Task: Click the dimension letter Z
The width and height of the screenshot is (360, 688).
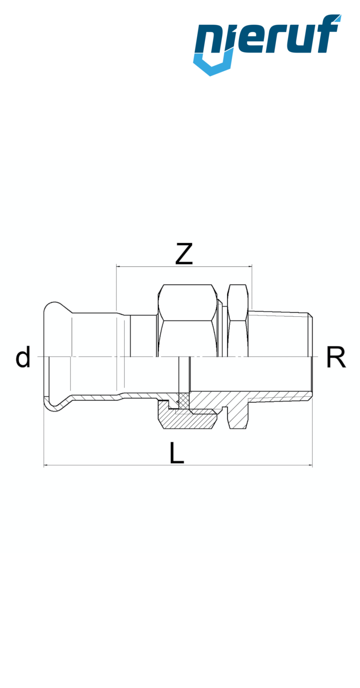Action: click(x=184, y=254)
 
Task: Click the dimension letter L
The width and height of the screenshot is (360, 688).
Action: click(x=176, y=453)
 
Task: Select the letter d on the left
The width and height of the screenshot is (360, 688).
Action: click(x=23, y=357)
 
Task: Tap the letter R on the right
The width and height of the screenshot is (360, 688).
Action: click(x=336, y=357)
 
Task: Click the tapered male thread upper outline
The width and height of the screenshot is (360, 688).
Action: click(x=280, y=313)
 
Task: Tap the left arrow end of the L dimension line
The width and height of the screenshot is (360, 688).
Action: click(x=44, y=465)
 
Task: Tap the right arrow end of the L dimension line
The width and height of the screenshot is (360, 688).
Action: click(x=312, y=465)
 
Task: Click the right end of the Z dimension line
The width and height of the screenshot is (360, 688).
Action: click(x=251, y=267)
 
